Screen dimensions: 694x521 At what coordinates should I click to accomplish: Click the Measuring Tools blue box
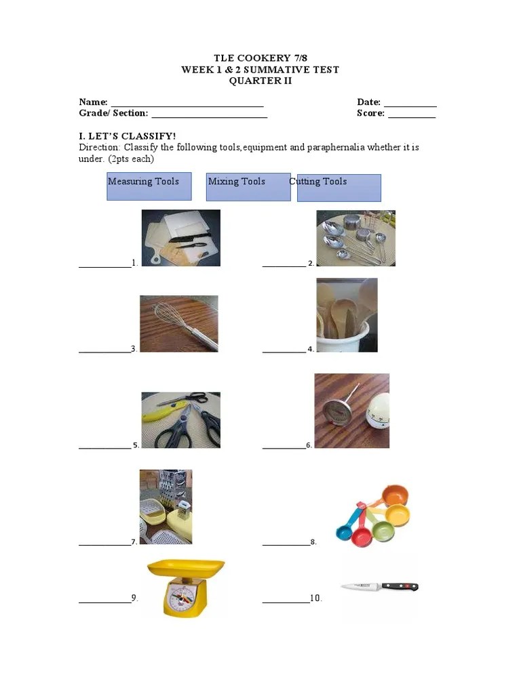click(149, 186)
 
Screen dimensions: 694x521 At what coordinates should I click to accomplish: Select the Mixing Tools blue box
click(248, 186)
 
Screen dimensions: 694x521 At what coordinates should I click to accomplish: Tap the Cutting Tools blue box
click(339, 188)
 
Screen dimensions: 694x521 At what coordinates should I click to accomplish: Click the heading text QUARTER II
click(260, 81)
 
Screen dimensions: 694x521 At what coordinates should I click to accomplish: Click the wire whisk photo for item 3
click(179, 323)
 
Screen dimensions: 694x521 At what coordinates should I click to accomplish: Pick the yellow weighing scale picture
click(185, 587)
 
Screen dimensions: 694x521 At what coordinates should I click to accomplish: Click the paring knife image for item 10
click(379, 586)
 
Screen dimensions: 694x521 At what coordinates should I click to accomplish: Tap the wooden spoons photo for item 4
click(347, 315)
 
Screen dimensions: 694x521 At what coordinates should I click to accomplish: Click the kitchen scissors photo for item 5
click(180, 420)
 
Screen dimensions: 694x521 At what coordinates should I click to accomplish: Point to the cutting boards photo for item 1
click(180, 238)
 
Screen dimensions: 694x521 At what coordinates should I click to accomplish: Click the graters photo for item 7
click(166, 506)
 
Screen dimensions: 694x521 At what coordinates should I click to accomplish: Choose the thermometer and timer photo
click(351, 411)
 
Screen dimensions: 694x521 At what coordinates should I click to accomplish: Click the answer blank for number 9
click(104, 602)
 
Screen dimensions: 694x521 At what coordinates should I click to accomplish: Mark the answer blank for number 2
click(284, 266)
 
